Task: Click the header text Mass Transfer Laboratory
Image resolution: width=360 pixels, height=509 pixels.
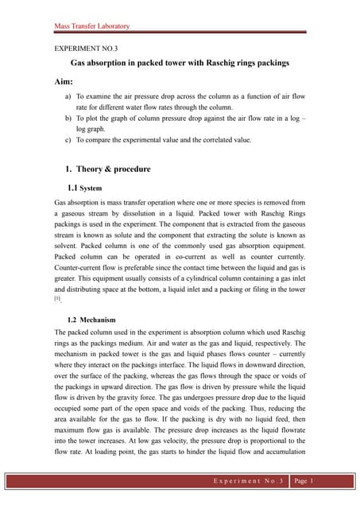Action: click(91, 26)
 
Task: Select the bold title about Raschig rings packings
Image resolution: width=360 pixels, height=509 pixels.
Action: click(180, 62)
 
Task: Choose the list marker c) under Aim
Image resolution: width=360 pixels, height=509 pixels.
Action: click(67, 140)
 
